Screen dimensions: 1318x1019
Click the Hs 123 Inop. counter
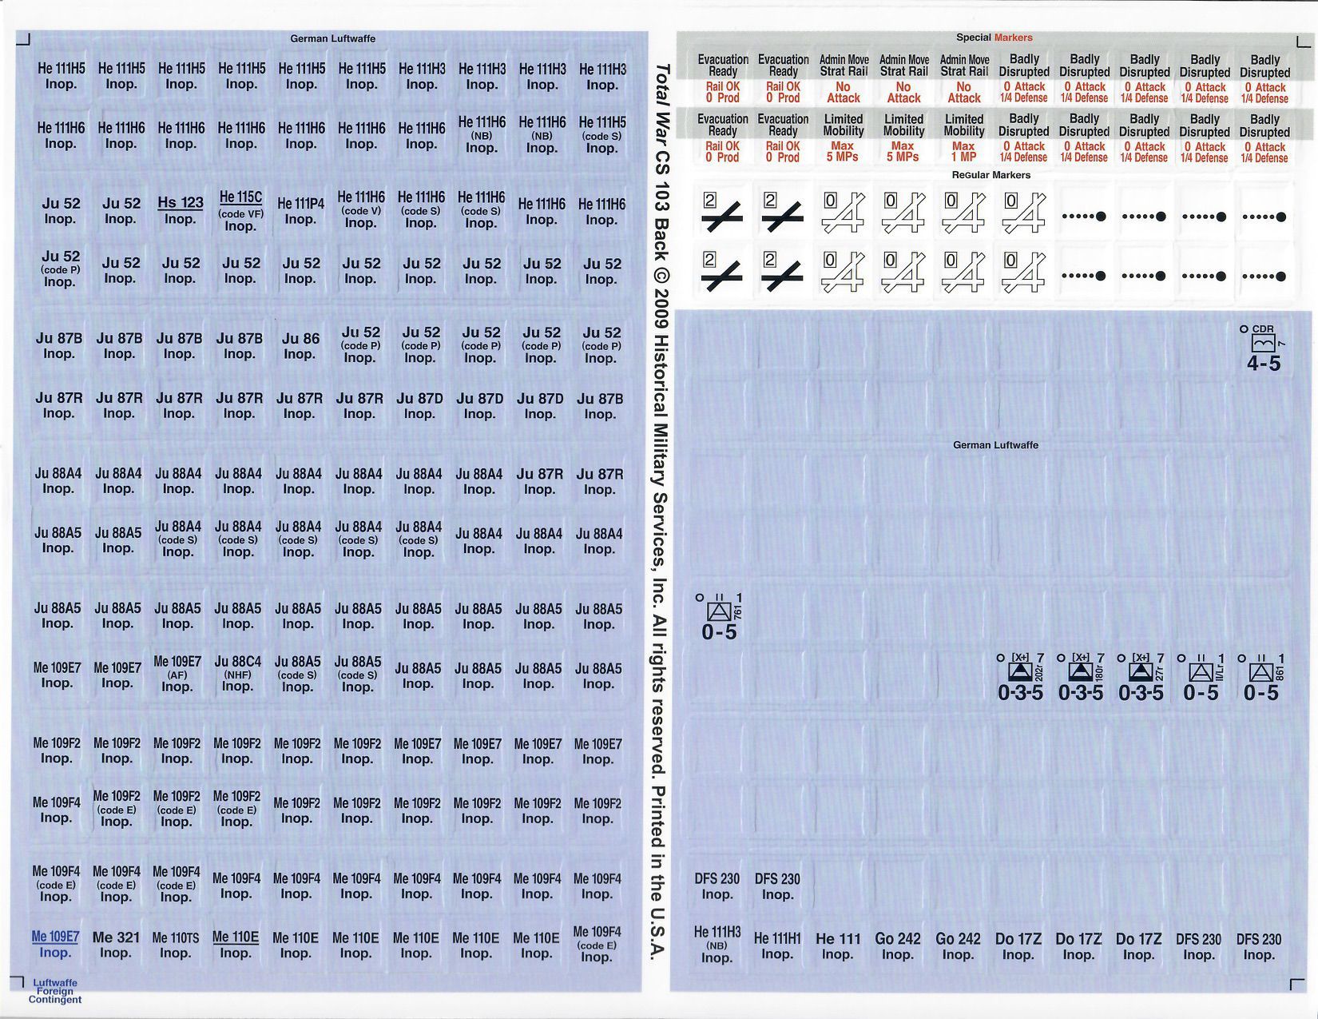(x=181, y=210)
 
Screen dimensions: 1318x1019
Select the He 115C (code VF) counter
(x=240, y=211)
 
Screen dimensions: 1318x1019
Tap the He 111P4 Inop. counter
(x=301, y=211)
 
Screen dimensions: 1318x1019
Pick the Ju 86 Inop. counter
(x=300, y=345)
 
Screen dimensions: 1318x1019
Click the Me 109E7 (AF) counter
(x=177, y=674)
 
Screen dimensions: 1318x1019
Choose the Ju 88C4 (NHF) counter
(x=237, y=674)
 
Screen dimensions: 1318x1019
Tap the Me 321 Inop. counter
(x=116, y=945)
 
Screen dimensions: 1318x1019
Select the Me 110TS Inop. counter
(x=176, y=945)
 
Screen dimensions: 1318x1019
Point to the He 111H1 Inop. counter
(x=777, y=945)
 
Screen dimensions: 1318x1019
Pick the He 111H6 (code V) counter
(x=361, y=209)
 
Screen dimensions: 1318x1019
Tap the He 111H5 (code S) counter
(x=601, y=135)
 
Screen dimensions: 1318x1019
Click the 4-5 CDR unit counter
(x=1264, y=348)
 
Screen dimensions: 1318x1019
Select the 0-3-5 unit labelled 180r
(x=1080, y=677)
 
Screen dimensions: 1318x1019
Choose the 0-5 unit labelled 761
(x=720, y=617)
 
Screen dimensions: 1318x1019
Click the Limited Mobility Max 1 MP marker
(x=964, y=137)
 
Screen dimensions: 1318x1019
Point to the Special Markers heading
(x=994, y=38)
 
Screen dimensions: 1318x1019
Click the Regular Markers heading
(x=991, y=175)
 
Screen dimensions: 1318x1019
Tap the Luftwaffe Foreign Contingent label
(x=55, y=991)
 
